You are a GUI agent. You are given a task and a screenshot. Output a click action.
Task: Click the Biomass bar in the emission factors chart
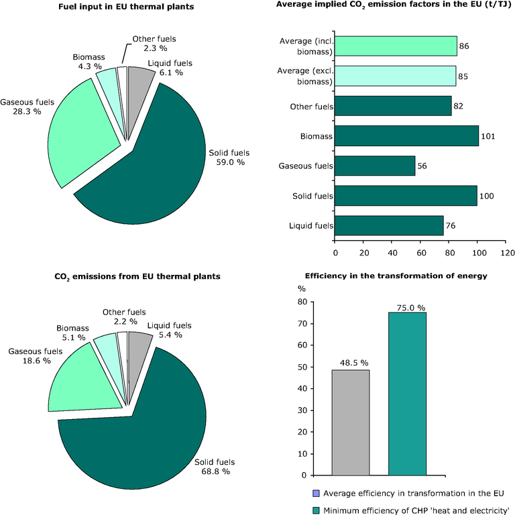click(406, 135)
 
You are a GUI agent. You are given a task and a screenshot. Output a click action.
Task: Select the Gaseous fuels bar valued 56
click(375, 166)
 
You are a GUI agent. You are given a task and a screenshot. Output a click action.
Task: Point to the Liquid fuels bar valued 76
click(389, 225)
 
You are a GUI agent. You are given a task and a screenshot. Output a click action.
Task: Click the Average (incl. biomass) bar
click(396, 46)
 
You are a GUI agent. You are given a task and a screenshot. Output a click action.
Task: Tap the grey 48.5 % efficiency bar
click(350, 422)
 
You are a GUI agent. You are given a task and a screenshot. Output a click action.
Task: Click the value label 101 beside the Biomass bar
click(488, 136)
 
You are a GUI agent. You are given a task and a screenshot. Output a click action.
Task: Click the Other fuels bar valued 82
click(393, 106)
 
